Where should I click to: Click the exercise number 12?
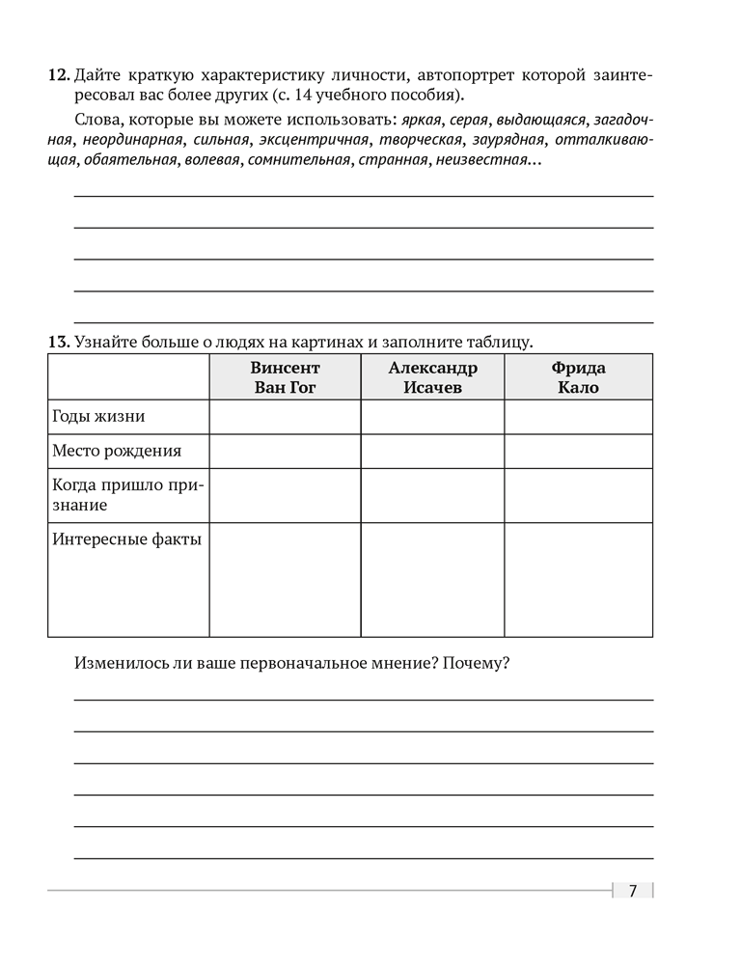(58, 74)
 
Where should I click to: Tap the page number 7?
(633, 891)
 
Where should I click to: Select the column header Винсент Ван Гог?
(285, 377)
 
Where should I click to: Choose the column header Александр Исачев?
(432, 377)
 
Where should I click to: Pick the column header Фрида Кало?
(578, 377)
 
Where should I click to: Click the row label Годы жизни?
(98, 417)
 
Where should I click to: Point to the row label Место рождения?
(116, 451)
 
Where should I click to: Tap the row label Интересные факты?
(126, 538)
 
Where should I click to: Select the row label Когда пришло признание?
(126, 495)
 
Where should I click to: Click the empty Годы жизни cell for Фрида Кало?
(578, 417)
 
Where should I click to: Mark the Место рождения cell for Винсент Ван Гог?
(285, 451)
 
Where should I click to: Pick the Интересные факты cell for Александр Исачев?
(432, 579)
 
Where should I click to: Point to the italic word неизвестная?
(481, 160)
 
